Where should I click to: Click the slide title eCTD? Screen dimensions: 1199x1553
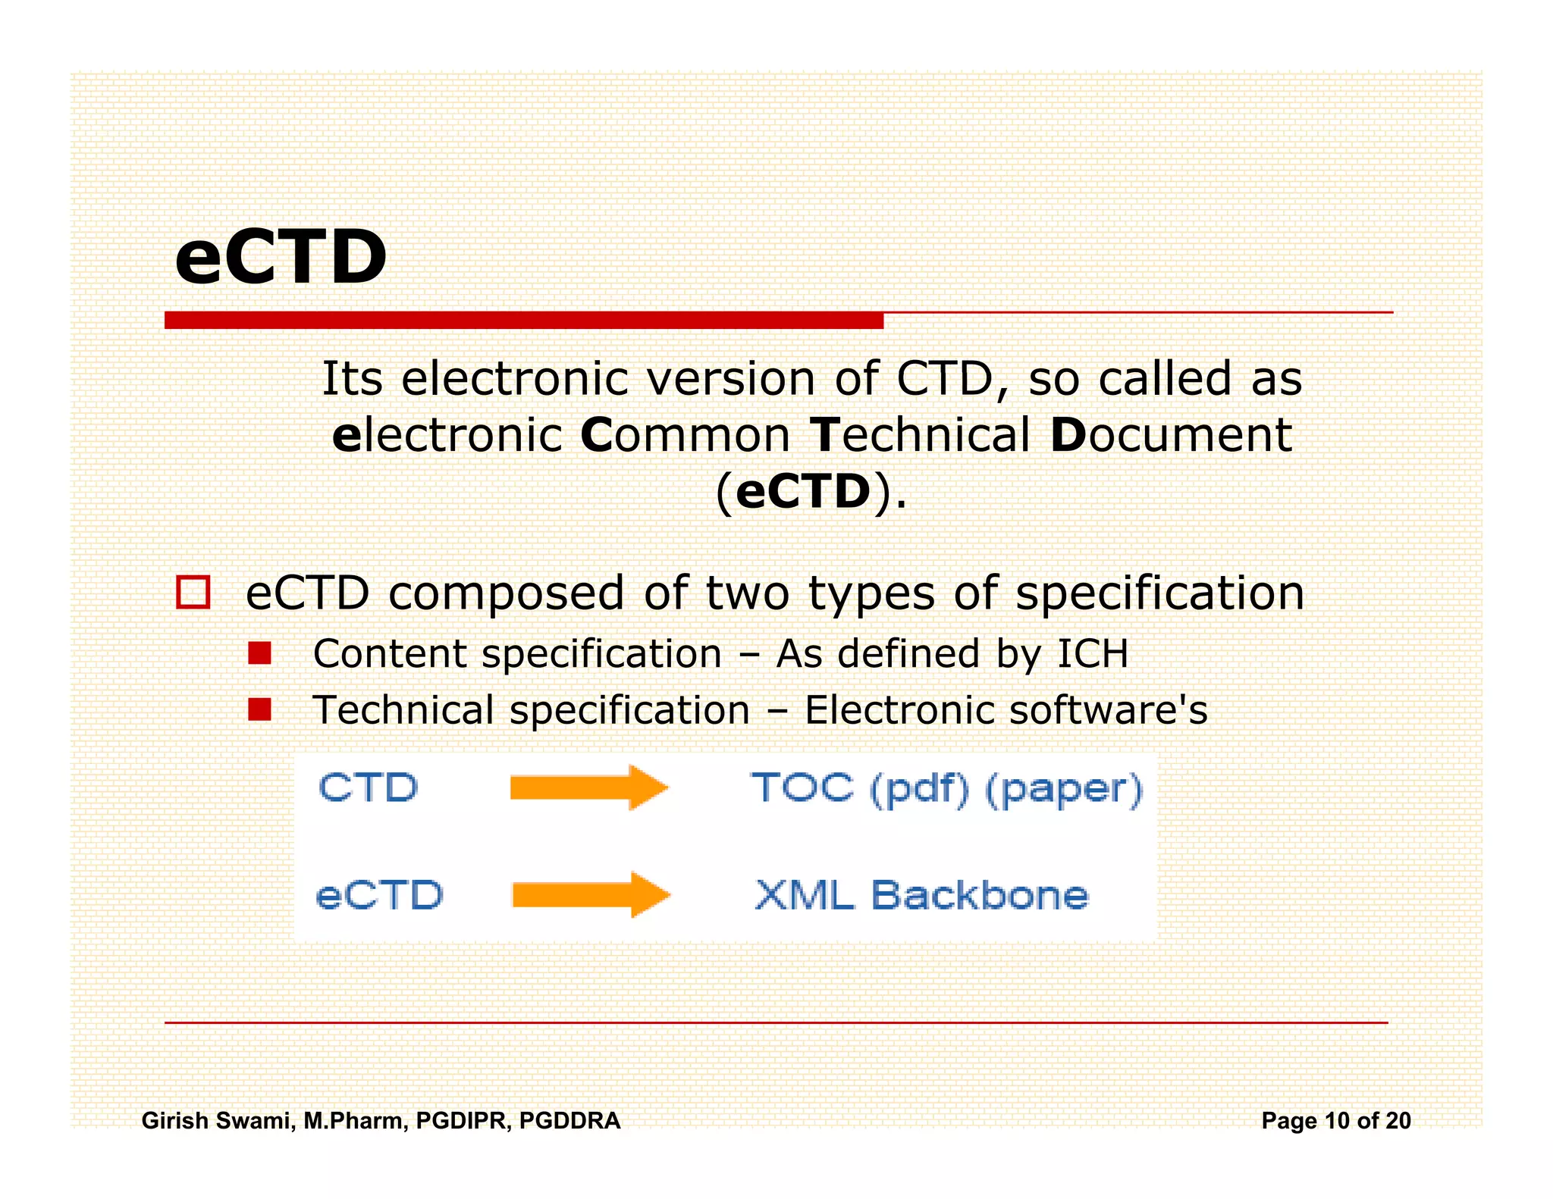click(x=281, y=258)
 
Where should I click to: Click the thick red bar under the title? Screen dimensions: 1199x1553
click(x=523, y=321)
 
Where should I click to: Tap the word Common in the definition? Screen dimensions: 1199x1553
click(x=685, y=435)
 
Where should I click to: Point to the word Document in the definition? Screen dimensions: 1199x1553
click(x=1171, y=435)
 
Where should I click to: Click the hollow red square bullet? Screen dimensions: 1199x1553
click(x=193, y=592)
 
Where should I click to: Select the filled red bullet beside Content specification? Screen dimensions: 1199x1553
click(x=259, y=653)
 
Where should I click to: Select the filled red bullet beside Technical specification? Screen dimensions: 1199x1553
click(x=259, y=709)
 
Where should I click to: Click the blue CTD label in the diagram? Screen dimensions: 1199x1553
click(x=369, y=787)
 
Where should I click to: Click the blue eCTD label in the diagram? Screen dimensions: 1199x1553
click(x=379, y=895)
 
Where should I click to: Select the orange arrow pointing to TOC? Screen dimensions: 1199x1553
click(x=588, y=787)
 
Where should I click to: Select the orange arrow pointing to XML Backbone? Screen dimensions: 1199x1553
click(x=591, y=894)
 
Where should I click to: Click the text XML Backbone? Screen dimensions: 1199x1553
click(x=921, y=895)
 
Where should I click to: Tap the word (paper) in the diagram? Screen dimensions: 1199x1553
click(x=1063, y=790)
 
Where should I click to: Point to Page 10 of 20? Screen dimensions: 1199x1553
click(x=1335, y=1120)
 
